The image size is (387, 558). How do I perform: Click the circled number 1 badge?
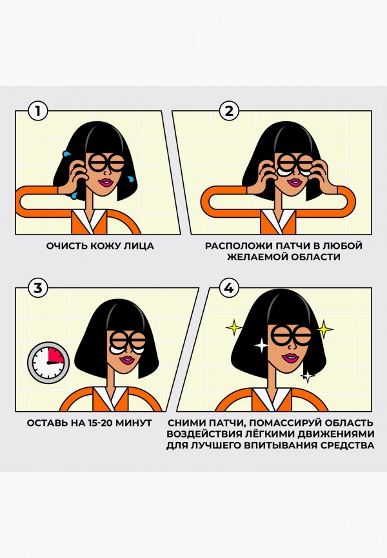[x=38, y=111]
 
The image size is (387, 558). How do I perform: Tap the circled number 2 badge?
[x=228, y=111]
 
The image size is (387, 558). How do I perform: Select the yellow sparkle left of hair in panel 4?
[x=233, y=329]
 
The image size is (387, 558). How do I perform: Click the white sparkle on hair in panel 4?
[x=261, y=346]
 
